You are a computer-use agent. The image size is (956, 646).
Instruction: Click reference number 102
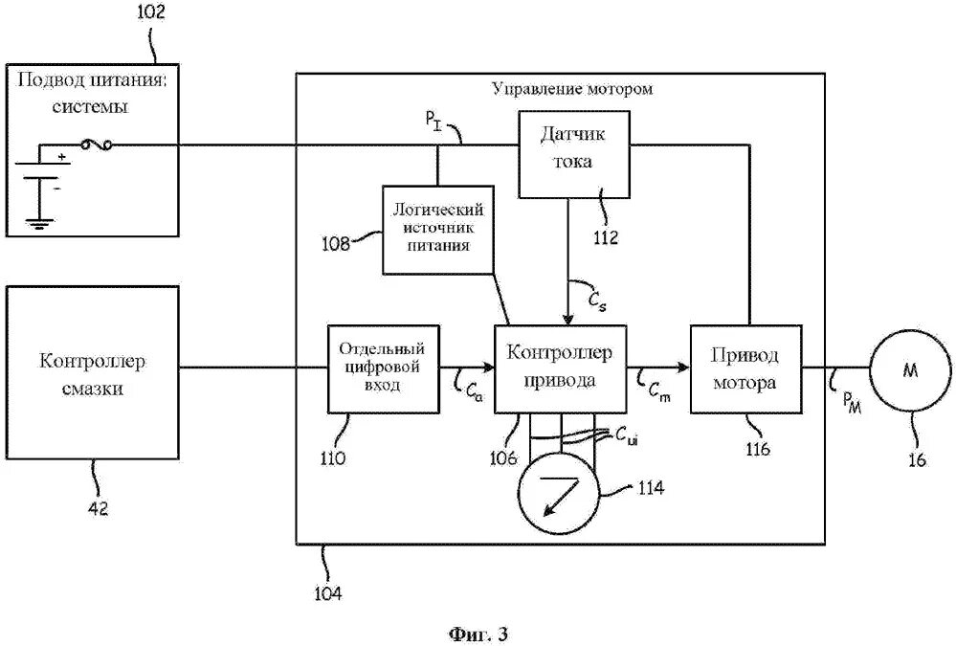[150, 11]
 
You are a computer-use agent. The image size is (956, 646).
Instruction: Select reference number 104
[328, 593]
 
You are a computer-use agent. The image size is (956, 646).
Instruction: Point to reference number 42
[99, 508]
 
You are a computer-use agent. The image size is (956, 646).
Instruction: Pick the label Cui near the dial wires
[627, 436]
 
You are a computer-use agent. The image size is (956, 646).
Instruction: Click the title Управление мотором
[572, 89]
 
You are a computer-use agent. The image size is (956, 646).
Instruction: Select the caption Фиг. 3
[478, 635]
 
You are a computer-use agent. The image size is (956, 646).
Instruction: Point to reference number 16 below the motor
[917, 458]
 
